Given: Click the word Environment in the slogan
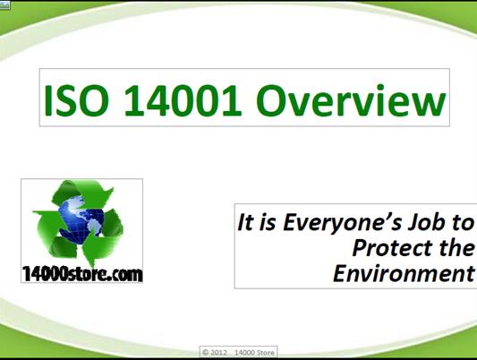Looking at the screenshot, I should (403, 272).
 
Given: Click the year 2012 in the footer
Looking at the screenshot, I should (225, 351).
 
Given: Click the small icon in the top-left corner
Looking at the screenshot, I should (4, 4).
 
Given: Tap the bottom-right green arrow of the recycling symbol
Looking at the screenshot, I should (111, 239).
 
